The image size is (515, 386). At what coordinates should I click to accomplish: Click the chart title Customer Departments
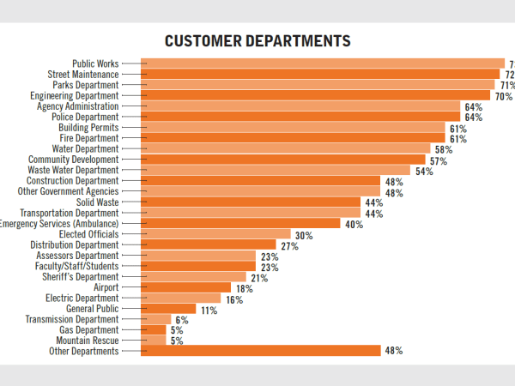tap(257, 41)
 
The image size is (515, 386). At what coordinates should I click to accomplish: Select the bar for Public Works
tap(322, 63)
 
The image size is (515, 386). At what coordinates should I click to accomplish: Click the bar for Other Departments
tap(260, 351)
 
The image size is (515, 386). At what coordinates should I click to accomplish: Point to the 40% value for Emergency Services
tap(354, 224)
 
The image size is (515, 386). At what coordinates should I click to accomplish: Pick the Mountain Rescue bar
tap(154, 341)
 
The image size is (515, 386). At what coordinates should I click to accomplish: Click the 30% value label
tap(303, 234)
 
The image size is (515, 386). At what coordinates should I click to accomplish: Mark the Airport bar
tap(185, 287)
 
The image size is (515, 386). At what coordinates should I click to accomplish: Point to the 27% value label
tap(289, 245)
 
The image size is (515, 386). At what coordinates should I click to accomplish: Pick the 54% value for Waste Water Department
tap(424, 171)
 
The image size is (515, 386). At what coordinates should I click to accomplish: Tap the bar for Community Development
tap(283, 160)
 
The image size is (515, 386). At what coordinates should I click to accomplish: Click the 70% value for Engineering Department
tap(503, 96)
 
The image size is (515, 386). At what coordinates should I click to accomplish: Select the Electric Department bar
tap(180, 299)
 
